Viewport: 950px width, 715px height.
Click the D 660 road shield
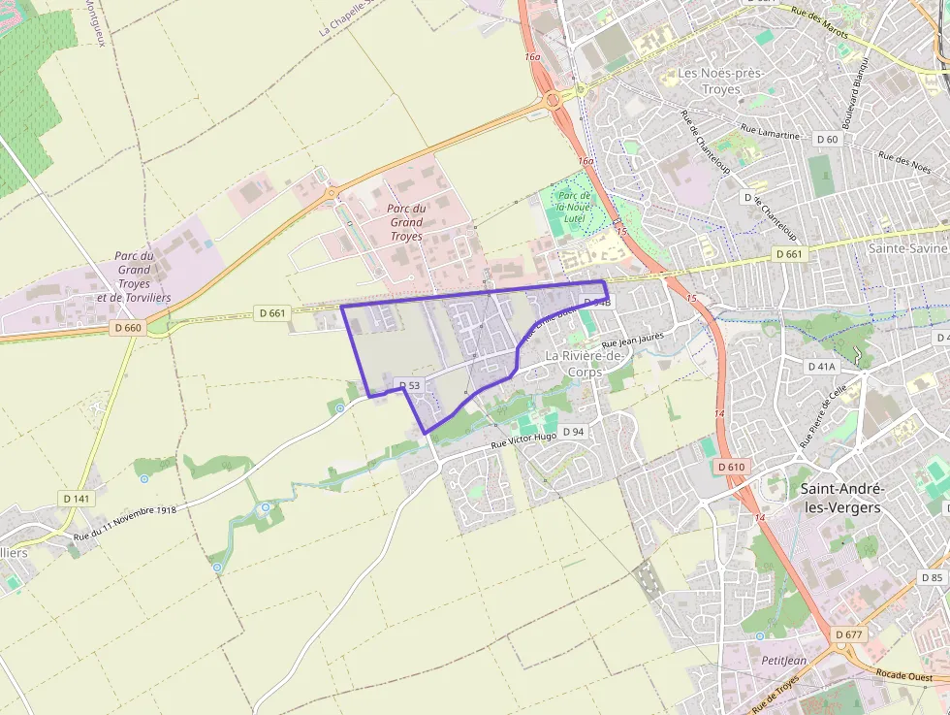pyautogui.click(x=127, y=328)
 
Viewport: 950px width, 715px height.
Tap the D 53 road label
pyautogui.click(x=409, y=386)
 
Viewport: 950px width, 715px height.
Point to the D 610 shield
pyautogui.click(x=732, y=468)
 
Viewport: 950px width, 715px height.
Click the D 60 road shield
pyautogui.click(x=827, y=140)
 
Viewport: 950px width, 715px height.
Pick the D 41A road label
pyautogui.click(x=821, y=367)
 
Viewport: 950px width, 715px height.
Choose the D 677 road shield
pyautogui.click(x=847, y=634)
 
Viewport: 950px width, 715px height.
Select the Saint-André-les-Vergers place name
pyautogui.click(x=840, y=498)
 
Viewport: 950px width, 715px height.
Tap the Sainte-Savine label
pyautogui.click(x=907, y=248)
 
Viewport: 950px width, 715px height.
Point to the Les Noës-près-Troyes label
pyautogui.click(x=721, y=81)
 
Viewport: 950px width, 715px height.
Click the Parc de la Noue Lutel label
pyautogui.click(x=572, y=207)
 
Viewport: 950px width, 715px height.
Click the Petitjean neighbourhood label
pyautogui.click(x=783, y=661)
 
